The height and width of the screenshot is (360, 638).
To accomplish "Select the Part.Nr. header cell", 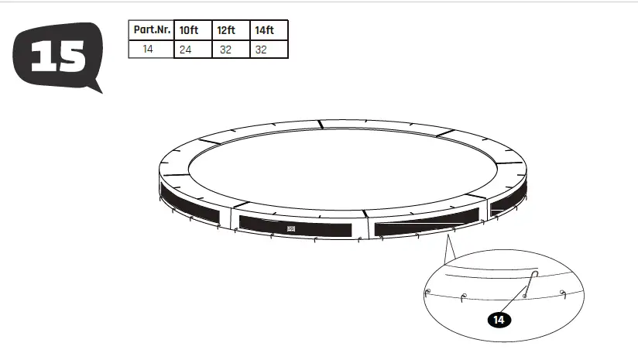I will pyautogui.click(x=150, y=30).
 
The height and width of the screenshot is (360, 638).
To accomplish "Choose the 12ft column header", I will pyautogui.click(x=230, y=30).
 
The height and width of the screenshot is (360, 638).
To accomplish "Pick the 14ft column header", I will pyautogui.click(x=269, y=30).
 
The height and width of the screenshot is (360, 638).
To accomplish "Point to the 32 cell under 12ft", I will pyautogui.click(x=230, y=49).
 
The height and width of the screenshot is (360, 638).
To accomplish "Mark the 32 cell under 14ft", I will pyautogui.click(x=269, y=49).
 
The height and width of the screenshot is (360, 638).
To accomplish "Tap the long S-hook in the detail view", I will pyautogui.click(x=531, y=283).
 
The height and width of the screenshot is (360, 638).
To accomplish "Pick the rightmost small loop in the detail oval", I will pyautogui.click(x=564, y=293).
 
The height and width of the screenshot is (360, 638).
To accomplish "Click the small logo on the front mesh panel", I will pyautogui.click(x=292, y=228).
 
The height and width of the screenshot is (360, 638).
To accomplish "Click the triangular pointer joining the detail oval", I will pyautogui.click(x=447, y=251).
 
